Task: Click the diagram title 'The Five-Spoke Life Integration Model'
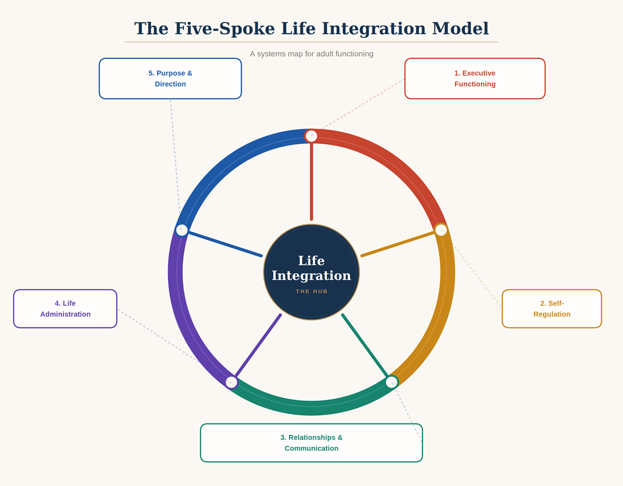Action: (311, 29)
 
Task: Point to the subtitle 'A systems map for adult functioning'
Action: (311, 54)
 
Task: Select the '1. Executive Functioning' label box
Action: (475, 79)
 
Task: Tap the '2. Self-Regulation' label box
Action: (551, 309)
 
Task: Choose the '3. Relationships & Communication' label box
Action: (311, 443)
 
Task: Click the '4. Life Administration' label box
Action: (65, 309)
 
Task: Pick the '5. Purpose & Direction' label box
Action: (170, 79)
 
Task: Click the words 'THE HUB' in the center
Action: (311, 291)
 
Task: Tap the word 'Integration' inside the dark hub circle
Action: (311, 275)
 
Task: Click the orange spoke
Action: (399, 244)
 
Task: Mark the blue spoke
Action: (224, 244)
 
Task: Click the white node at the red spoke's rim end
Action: (311, 136)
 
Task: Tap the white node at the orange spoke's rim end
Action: (441, 230)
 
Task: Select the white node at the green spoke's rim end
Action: (391, 382)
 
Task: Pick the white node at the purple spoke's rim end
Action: (232, 382)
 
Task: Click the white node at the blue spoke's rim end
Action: (182, 230)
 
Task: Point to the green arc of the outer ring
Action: (311, 408)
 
